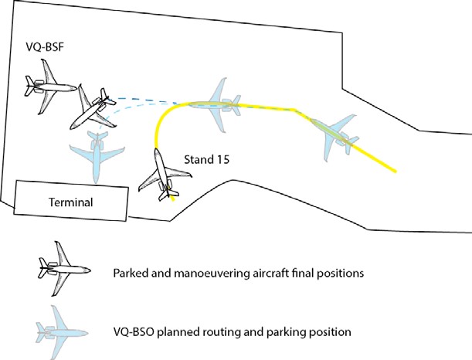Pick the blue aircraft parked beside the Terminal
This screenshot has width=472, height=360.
tap(96, 155)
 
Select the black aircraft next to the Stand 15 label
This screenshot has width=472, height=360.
tap(161, 174)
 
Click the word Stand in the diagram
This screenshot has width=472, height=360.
tap(195, 161)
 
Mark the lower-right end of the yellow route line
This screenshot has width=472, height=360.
tap(397, 172)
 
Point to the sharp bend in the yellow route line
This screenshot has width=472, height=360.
tap(294, 109)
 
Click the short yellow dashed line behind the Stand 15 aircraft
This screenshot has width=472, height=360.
tap(171, 198)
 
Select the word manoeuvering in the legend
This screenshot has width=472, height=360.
tap(207, 274)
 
